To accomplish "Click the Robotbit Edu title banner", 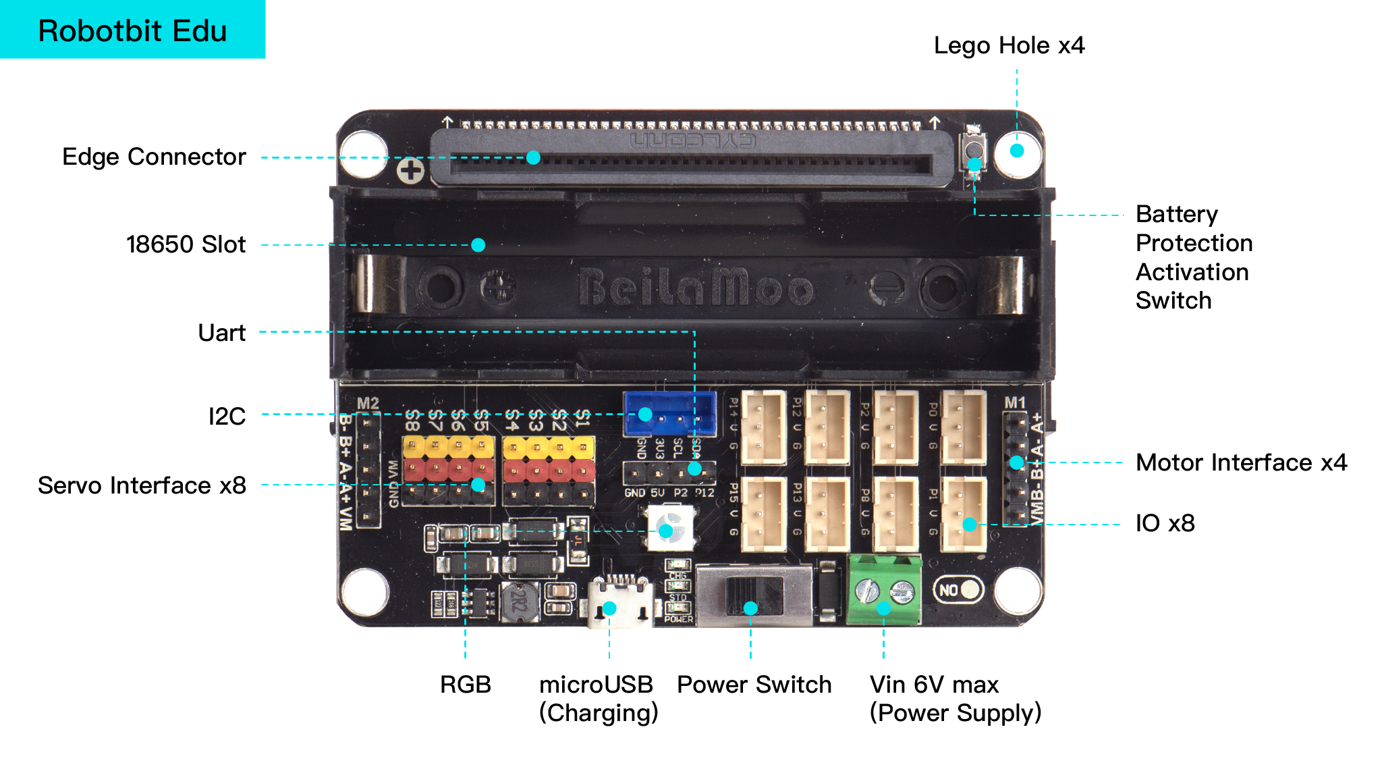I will [x=132, y=30].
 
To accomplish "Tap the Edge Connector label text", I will [x=154, y=157].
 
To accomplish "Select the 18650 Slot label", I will [x=186, y=244].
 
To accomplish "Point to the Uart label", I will [x=221, y=333].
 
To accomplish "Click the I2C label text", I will [x=227, y=417].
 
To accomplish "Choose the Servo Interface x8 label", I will [x=142, y=485].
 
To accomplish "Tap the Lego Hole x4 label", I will [x=1009, y=45].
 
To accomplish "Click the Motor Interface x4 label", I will [x=1241, y=462].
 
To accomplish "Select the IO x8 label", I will [x=1165, y=523].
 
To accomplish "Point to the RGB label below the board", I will [x=465, y=685].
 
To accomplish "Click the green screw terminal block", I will [x=884, y=590].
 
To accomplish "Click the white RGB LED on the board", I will [x=670, y=528].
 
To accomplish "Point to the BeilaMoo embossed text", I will [x=695, y=287].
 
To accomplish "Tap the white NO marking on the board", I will [x=948, y=590].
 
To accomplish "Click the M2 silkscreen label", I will [x=368, y=404].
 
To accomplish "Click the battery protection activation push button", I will [x=974, y=150].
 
